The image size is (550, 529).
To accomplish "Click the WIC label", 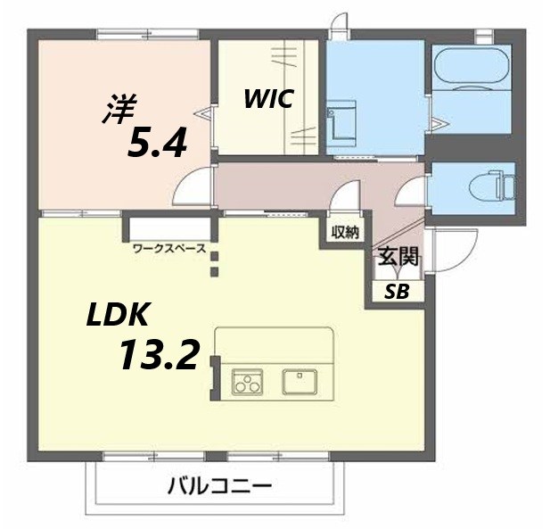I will pyautogui.click(x=270, y=99).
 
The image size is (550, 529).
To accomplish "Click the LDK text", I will pyautogui.click(x=119, y=315).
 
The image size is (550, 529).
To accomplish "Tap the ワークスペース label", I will pyautogui.click(x=169, y=249).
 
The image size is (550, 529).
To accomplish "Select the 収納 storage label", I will pyautogui.click(x=345, y=232).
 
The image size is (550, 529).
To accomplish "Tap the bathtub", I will pyautogui.click(x=471, y=66).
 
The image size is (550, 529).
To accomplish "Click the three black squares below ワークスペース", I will pyautogui.click(x=215, y=262).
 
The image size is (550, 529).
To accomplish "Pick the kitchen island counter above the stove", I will pyautogui.click(x=274, y=344).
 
